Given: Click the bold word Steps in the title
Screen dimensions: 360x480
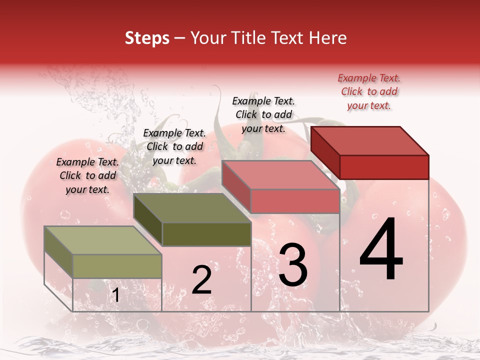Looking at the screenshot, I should pos(147,38).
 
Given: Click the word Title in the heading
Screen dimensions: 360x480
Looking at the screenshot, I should pos(248,38).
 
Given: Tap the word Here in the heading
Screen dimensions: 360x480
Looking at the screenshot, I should pos(328,38).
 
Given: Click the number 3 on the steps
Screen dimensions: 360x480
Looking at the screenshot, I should pos(293,265).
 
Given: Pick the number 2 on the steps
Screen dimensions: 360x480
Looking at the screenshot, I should pos(201,280).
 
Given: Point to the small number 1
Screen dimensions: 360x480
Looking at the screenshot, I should pos(115,295).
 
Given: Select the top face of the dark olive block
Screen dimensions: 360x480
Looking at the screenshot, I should pos(192,208).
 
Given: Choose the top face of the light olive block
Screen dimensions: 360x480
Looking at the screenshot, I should pos(103,240).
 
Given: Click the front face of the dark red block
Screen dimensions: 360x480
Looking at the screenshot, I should pos(384,167).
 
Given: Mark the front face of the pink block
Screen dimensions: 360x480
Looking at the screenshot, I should pos(295,201).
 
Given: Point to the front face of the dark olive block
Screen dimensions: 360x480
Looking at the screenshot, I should pos(206,234).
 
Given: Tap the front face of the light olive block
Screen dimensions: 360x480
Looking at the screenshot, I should pos(117,266).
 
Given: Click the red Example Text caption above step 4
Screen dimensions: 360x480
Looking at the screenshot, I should pos(369,91).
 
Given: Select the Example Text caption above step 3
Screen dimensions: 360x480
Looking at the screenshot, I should pos(263,114).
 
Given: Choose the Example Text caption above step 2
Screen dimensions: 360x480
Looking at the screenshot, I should pos(174,146).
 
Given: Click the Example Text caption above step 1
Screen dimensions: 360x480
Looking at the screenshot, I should pos(87,175).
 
